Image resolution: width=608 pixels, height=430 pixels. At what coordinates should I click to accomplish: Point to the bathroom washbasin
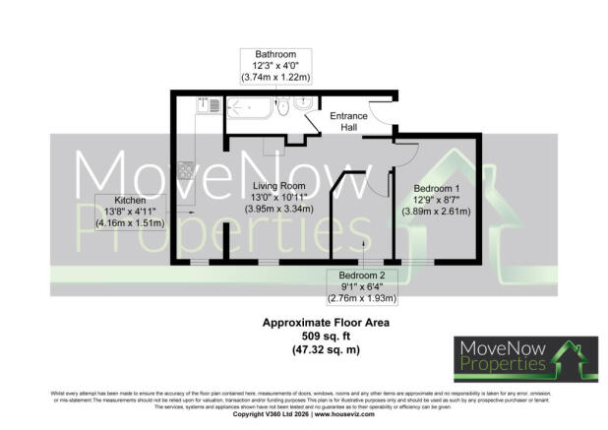(304, 101)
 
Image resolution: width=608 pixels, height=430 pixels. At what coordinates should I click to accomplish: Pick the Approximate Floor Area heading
(303, 322)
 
